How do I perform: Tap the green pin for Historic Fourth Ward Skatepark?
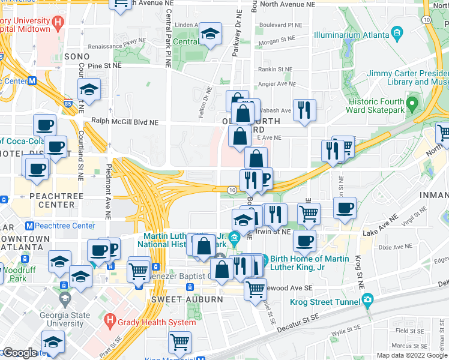(412, 104)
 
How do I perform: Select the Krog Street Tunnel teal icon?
(367, 299)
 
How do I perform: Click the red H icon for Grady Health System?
(109, 321)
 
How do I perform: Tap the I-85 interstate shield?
(66, 103)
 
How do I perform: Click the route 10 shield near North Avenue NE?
(426, 20)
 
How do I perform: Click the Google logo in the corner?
(19, 353)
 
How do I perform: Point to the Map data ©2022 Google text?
(412, 355)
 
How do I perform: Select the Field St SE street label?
(409, 331)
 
